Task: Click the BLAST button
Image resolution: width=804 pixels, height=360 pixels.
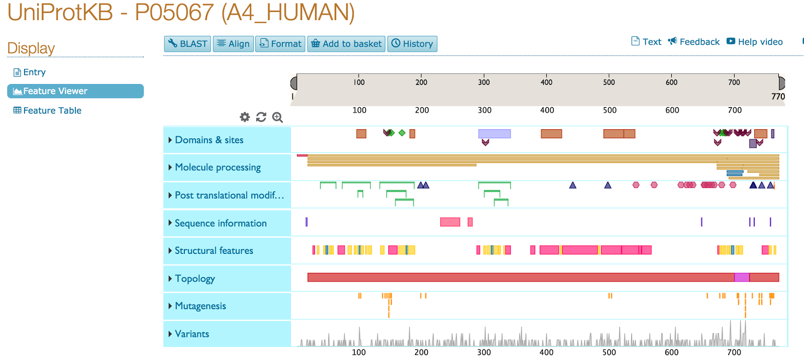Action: pos(188,44)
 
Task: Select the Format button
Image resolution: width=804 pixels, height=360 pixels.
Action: pos(280,44)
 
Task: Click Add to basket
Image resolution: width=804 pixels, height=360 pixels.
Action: pos(346,44)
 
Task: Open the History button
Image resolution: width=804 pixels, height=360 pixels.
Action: pos(412,44)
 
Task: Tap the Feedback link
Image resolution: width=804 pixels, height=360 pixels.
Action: pos(694,42)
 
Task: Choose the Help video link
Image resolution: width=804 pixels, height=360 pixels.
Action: pos(755,42)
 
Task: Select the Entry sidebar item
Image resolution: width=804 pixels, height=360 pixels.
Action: pos(30,72)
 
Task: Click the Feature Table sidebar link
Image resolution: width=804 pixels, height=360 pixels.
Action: pos(47,111)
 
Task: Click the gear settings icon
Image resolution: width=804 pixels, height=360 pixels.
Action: pos(245,117)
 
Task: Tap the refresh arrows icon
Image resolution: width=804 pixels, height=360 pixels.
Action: pos(261,117)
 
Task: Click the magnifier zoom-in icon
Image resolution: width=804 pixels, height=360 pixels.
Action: pos(277,117)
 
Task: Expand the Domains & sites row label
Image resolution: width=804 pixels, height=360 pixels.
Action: pos(209,140)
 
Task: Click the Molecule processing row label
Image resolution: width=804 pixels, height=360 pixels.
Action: pos(218,167)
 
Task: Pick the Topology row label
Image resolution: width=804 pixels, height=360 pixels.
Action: pos(194,279)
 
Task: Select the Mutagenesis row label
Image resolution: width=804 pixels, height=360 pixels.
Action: pos(200,306)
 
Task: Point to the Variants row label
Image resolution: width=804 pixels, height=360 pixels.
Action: pos(191,334)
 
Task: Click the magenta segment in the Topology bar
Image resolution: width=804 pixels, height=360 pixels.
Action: pos(742,277)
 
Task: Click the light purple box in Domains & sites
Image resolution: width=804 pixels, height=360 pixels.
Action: pos(494,134)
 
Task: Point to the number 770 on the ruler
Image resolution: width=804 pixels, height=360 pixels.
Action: pos(778,97)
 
